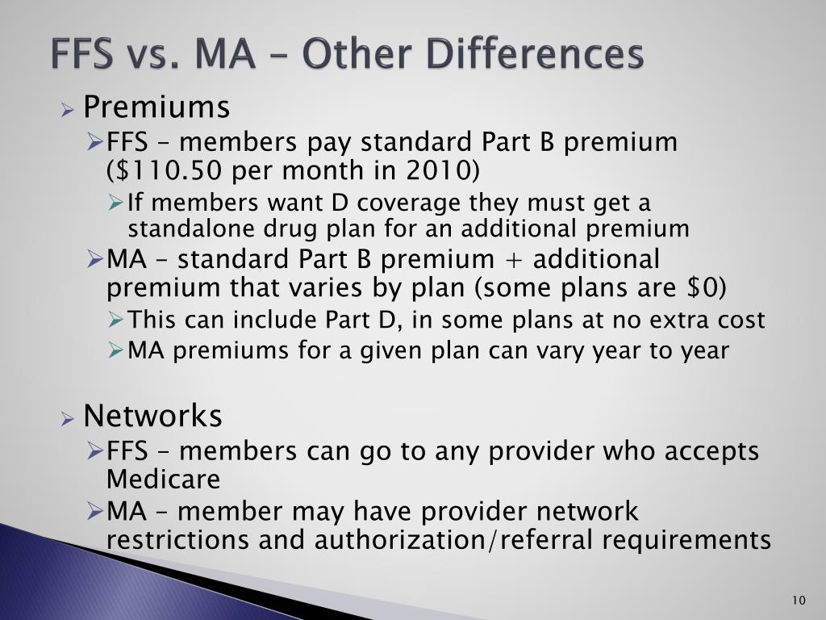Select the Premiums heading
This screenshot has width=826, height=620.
pos(156,107)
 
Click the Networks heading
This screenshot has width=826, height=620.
pos(152,416)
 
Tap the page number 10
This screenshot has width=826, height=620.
pos(799,599)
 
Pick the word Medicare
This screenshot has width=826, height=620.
pos(163,480)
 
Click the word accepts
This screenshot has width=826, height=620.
pos(711,450)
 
